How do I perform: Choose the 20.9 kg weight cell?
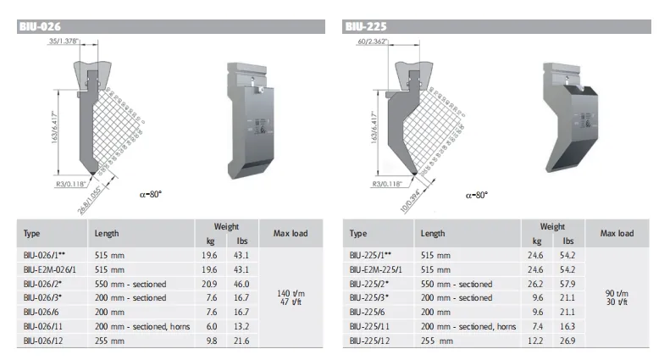tap(208, 284)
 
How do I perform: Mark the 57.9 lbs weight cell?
tap(568, 284)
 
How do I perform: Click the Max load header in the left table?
tap(291, 233)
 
